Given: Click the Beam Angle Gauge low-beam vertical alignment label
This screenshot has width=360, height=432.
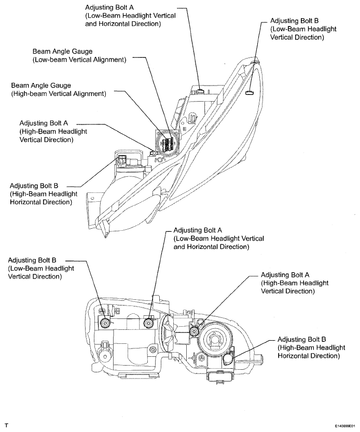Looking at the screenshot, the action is [79, 55].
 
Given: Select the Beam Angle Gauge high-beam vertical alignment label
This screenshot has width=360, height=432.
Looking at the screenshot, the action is [59, 90].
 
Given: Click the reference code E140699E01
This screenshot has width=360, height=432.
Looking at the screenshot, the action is [346, 426].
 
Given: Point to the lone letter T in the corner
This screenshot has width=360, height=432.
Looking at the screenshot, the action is [6, 426].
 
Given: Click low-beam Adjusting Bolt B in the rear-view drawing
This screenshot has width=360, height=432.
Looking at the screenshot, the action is [105, 323].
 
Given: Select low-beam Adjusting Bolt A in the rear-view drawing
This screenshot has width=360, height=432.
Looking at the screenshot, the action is [149, 323].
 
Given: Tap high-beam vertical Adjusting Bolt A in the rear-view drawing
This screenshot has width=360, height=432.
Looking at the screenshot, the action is [194, 331].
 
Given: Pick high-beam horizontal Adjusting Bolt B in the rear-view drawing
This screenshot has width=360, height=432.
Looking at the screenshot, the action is [228, 358].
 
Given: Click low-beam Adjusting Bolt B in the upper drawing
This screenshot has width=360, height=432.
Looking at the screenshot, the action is [250, 92].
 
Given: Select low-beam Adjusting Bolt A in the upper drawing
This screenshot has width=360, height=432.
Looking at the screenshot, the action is [200, 90].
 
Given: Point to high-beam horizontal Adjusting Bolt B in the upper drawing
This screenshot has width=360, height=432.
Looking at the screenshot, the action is [121, 159].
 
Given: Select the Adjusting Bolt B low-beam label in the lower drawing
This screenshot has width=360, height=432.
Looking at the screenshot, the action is [41, 268].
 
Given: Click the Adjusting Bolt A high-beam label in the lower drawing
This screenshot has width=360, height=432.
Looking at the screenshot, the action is [295, 283].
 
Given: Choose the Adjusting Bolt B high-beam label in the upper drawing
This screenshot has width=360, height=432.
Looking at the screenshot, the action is [44, 194].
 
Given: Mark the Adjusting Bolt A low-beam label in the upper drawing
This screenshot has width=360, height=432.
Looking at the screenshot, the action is [130, 16].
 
